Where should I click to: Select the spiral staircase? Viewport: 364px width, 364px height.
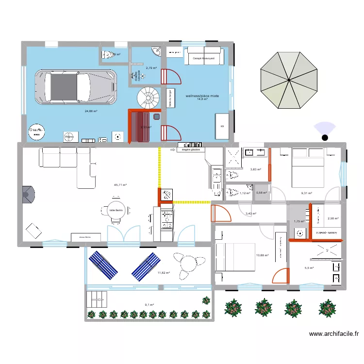(x=148, y=98)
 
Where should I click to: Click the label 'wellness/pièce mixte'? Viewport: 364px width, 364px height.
(x=202, y=96)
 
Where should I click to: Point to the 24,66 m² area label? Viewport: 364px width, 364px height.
(x=91, y=111)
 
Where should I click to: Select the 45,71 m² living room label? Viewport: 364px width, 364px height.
(x=120, y=185)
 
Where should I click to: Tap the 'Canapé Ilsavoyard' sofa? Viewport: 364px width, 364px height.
(x=204, y=56)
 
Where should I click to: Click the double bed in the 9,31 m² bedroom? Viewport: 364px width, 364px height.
(x=307, y=167)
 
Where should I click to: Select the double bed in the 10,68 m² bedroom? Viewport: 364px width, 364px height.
(x=235, y=257)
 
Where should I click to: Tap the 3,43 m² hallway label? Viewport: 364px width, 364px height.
(x=250, y=214)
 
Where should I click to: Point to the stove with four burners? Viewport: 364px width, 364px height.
(x=166, y=218)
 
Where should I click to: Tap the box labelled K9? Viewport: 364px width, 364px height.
(x=222, y=127)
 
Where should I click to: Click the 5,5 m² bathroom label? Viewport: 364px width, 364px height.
(x=309, y=268)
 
